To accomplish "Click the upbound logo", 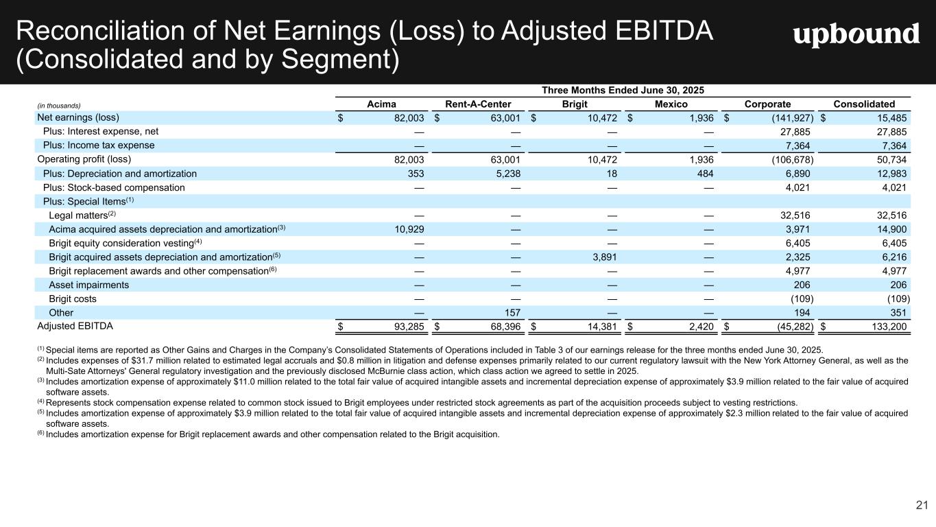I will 856,35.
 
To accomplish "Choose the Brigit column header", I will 575,104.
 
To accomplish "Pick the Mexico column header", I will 671,104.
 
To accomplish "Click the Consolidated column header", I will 864,104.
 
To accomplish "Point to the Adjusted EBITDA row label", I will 75,326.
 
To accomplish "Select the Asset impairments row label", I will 88,285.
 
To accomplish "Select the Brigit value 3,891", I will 603,257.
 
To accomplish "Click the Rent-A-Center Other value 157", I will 512,312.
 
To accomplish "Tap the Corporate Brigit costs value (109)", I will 802,298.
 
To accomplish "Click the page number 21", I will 922,506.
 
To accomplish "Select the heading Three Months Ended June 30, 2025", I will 623,90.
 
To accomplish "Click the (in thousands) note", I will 59,105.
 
